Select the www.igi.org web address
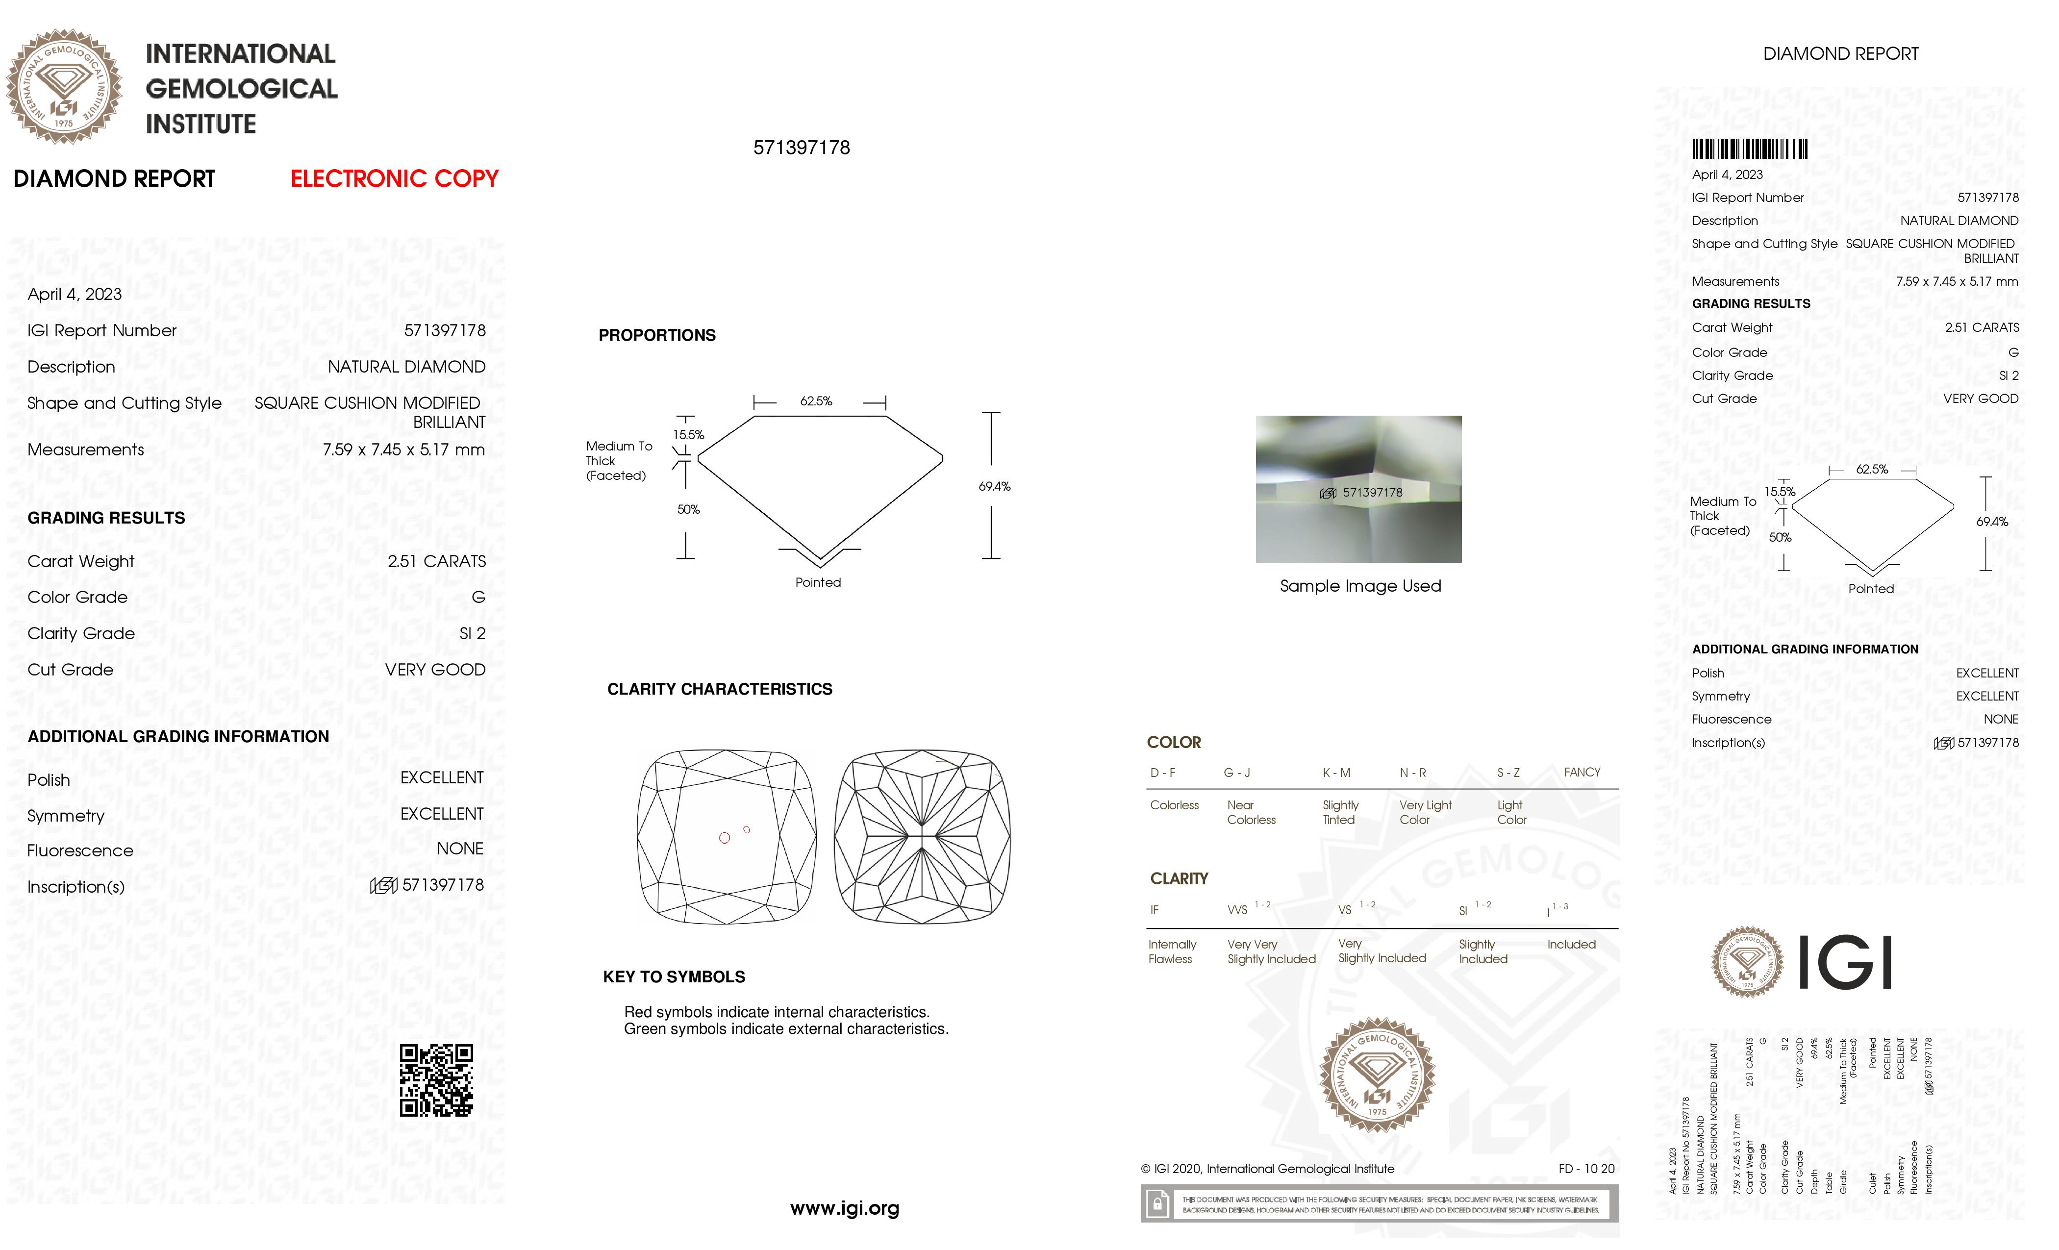[x=844, y=1208]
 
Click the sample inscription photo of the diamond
[x=1358, y=489]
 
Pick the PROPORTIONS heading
[x=657, y=336]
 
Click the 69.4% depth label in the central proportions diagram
[x=994, y=486]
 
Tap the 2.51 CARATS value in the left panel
[x=436, y=561]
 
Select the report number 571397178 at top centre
[x=802, y=148]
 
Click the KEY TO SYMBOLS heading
[x=674, y=977]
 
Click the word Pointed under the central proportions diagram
[x=817, y=582]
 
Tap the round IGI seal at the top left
[x=64, y=87]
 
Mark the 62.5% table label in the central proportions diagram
[x=816, y=401]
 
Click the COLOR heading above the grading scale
[x=1173, y=743]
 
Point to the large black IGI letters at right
[x=1844, y=963]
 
